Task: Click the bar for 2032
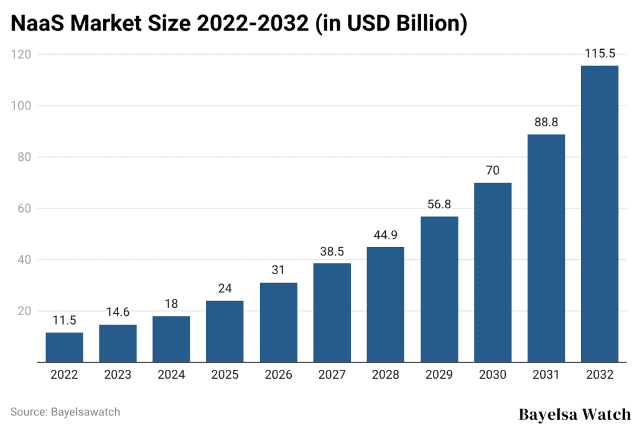599,214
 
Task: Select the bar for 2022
64,347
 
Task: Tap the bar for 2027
332,313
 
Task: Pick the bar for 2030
492,272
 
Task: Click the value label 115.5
599,54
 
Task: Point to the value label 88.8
546,123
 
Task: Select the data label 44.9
385,236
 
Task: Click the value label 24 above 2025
225,289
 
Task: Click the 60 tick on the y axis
25,209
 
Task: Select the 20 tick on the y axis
25,311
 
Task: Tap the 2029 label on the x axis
439,376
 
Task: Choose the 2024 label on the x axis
171,376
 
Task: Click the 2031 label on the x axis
546,376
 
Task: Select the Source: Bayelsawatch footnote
65,412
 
